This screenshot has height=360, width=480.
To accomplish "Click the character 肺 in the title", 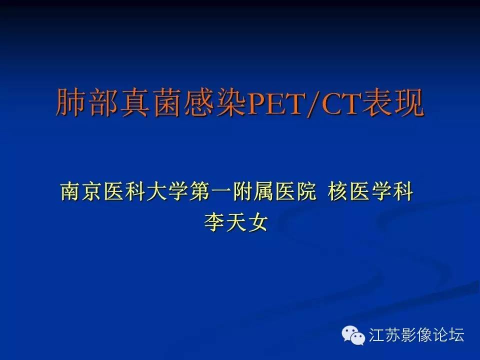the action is [x=71, y=102].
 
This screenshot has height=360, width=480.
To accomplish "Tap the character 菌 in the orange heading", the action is [x=167, y=102].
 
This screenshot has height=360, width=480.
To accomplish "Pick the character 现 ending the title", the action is [x=408, y=102].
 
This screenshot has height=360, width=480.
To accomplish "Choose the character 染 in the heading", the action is [x=231, y=102].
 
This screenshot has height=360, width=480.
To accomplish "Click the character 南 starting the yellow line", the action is [x=71, y=191].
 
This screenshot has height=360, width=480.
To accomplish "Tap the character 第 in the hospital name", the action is [x=199, y=191].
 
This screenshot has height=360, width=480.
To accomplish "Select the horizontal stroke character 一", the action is [x=220, y=192].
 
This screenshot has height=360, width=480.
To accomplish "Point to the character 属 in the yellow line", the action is [x=263, y=191].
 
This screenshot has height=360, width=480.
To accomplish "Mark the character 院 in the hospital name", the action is [x=305, y=191].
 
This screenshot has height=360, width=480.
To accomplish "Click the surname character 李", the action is [x=214, y=222].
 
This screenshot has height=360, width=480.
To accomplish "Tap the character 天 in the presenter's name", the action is [x=236, y=222].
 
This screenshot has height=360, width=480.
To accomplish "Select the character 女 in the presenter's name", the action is [x=257, y=222].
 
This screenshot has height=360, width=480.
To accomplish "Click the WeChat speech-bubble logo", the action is [x=353, y=335].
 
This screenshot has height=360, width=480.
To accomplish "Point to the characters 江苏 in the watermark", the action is [x=384, y=334].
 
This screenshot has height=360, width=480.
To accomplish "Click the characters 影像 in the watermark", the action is [x=416, y=334].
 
